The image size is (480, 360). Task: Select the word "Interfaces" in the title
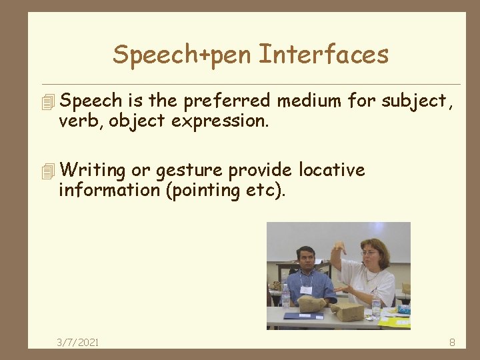click(323, 55)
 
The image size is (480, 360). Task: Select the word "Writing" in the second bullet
click(92, 171)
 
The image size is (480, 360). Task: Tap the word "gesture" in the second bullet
click(189, 171)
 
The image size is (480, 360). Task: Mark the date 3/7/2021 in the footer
click(78, 342)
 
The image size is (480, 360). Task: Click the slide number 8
click(452, 342)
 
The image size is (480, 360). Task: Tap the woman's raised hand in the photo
click(339, 248)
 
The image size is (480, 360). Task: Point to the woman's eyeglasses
click(370, 253)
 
